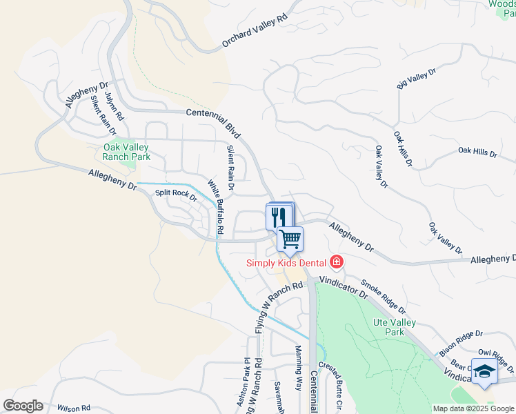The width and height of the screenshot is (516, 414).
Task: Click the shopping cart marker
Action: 290,239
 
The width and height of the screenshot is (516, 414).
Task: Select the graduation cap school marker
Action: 485,371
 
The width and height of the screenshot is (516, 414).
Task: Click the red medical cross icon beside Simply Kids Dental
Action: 336,262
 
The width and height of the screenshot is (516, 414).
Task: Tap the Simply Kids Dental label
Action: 287,262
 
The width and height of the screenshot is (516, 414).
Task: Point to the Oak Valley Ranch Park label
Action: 126,152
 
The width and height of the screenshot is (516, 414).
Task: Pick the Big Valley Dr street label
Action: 417,79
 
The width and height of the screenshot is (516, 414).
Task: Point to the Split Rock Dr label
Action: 176,195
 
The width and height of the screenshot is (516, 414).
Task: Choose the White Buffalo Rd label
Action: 217,206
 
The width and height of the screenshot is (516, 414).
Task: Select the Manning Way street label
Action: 299,369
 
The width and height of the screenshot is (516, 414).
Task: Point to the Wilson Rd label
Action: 74,408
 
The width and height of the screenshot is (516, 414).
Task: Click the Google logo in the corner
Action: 23,406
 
